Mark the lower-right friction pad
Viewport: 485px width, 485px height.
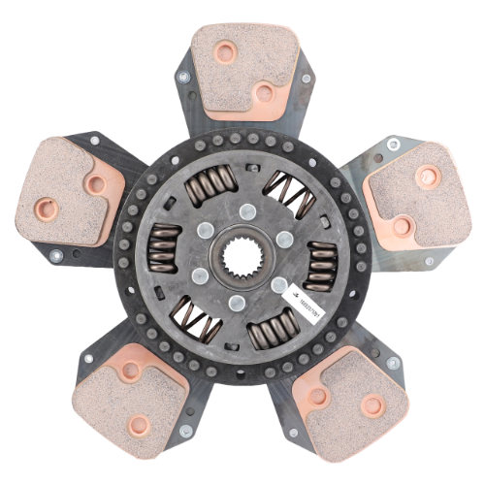(349, 398)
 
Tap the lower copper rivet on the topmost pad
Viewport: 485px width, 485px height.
(263, 93)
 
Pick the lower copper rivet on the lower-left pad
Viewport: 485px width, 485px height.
(140, 424)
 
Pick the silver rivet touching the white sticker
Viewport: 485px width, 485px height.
(280, 285)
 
